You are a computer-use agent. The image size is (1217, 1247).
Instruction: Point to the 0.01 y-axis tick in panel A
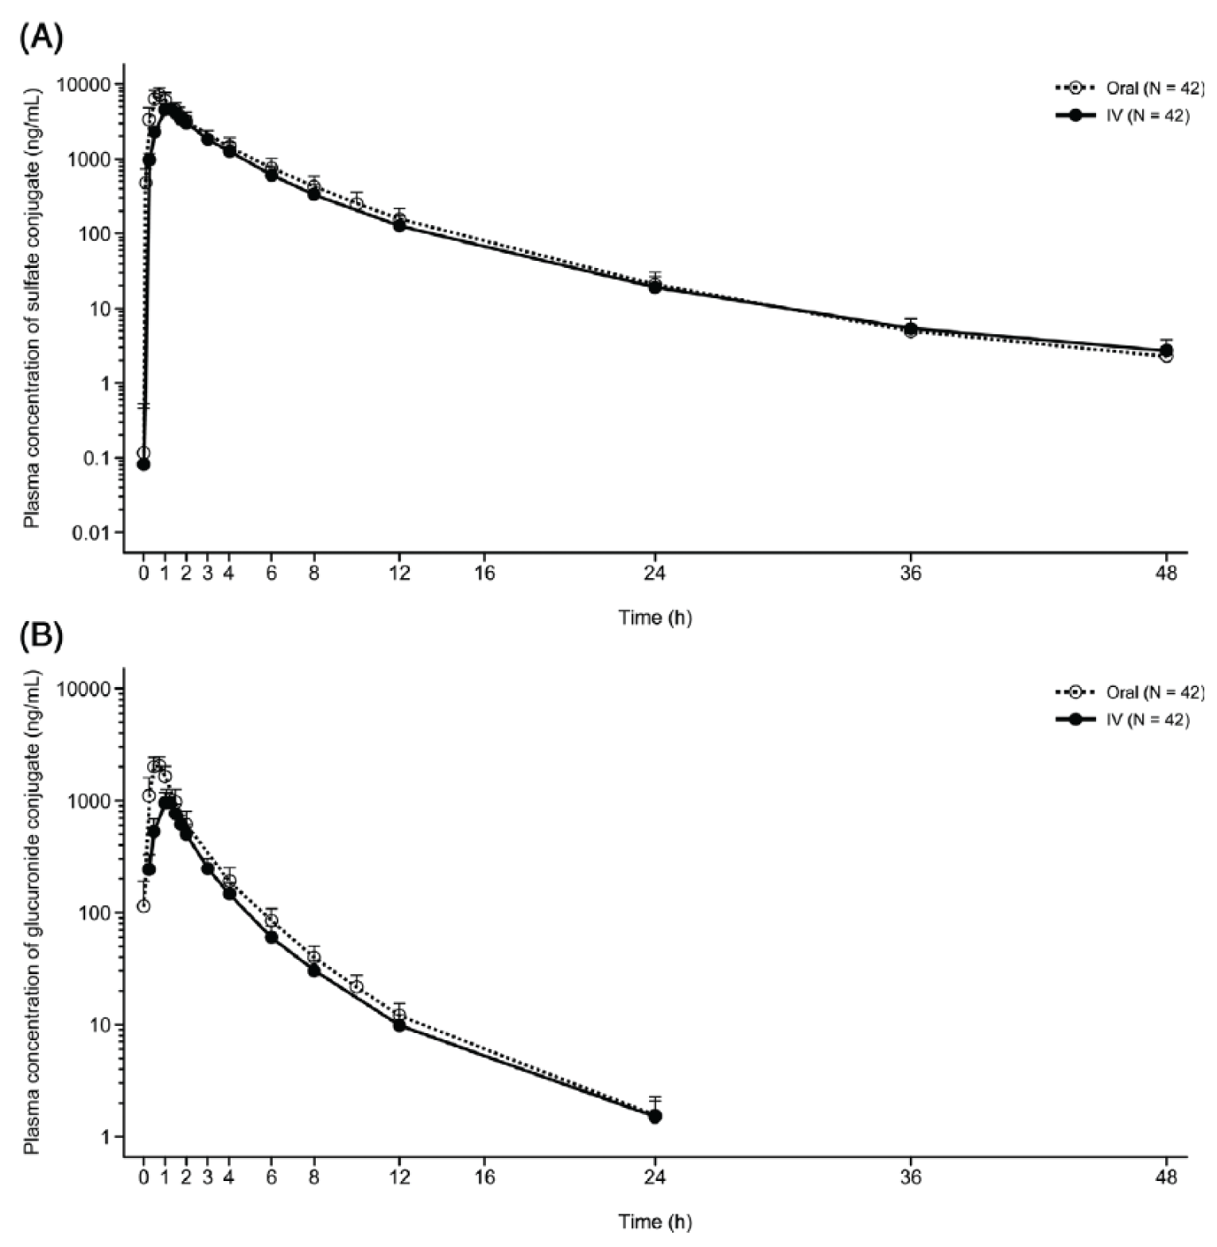tap(92, 533)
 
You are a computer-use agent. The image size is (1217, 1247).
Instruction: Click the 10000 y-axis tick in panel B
tap(87, 689)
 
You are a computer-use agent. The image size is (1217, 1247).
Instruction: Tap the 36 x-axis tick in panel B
tap(911, 1177)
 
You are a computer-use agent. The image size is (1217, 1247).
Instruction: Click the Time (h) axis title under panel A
tap(655, 618)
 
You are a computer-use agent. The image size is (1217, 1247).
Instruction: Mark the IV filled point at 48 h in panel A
tap(1166, 351)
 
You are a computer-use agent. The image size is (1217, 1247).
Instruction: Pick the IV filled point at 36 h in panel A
tap(911, 328)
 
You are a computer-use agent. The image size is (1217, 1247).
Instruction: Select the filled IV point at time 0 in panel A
tap(143, 464)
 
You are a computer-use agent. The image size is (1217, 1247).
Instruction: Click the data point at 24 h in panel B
tap(655, 1116)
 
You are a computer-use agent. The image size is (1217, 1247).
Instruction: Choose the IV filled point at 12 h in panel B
tap(399, 1025)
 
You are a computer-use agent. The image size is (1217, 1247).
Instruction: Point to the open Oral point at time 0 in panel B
tap(143, 906)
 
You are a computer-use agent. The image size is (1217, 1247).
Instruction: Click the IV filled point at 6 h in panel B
tap(271, 937)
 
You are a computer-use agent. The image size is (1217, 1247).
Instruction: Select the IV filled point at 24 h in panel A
tap(655, 287)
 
